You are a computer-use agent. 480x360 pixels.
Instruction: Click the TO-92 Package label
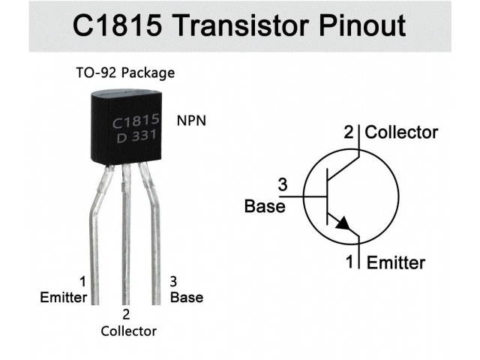[125, 73]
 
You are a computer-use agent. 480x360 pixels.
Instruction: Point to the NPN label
[191, 120]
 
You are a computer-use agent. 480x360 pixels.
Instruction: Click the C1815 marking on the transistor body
[135, 121]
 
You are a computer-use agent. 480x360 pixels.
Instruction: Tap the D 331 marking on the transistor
[135, 137]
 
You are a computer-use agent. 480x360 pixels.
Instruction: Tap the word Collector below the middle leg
[128, 331]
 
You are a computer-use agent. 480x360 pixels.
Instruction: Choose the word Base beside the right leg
[187, 296]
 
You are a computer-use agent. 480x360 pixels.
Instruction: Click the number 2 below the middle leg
[126, 314]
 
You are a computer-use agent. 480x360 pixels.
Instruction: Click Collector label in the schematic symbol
[401, 133]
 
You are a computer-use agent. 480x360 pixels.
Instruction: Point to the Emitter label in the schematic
[395, 262]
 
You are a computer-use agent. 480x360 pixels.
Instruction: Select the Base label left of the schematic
[265, 205]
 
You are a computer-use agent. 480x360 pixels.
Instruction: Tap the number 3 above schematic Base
[282, 184]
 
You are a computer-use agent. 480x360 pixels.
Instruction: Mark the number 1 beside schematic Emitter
[349, 262]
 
